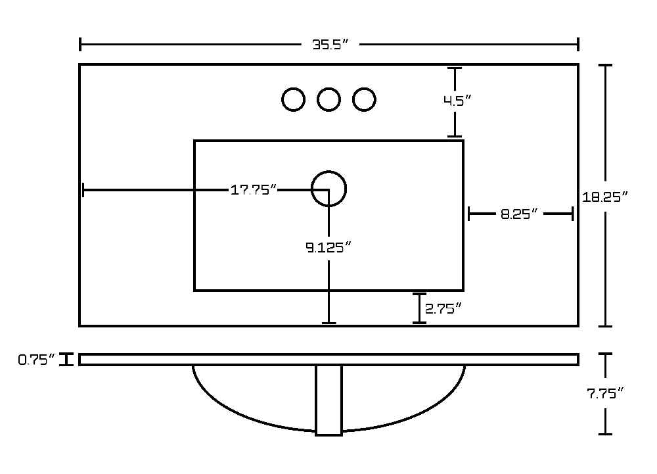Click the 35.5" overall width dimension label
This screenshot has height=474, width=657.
330,44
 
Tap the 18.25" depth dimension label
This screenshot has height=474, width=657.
605,197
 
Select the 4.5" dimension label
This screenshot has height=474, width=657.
457,101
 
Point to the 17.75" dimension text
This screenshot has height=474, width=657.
254,190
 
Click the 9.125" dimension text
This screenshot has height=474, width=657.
328,248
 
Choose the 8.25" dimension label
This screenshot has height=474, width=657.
519,214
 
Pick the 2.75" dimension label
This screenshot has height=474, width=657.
443,308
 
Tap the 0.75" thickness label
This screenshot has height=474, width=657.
36,360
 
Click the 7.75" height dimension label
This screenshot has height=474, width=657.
605,393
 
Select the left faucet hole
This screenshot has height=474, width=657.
293,88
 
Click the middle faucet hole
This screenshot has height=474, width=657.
328,88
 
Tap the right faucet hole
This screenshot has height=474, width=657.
364,88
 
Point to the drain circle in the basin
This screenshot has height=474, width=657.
329,171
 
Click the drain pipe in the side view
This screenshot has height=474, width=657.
329,400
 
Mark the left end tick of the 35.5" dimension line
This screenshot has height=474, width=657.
80,44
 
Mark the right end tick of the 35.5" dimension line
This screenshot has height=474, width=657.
578,44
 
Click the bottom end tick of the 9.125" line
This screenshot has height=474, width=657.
329,323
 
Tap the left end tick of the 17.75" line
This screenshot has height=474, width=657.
83,190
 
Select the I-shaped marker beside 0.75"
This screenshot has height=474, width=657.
66,360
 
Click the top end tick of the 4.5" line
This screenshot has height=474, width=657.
455,68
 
